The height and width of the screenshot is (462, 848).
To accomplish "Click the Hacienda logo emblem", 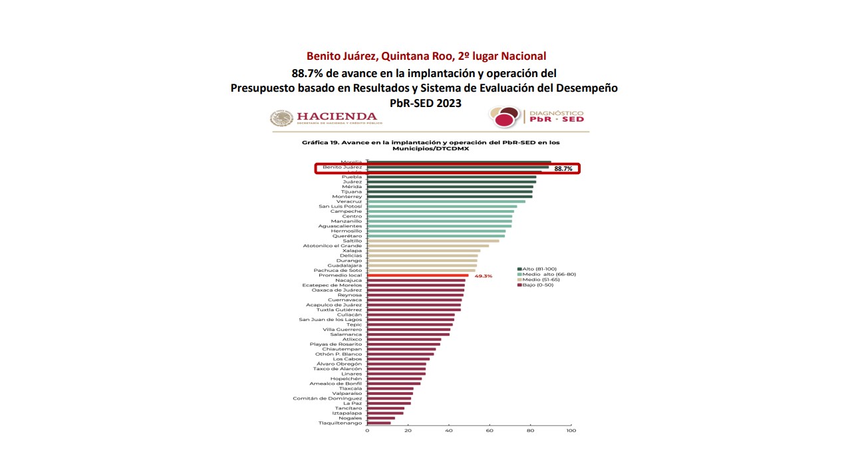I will (x=281, y=118).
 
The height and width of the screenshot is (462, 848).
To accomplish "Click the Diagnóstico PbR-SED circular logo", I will (x=503, y=117).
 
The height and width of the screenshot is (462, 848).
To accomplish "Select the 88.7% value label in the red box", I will (x=563, y=169).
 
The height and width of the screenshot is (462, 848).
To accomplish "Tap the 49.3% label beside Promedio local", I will (x=483, y=276).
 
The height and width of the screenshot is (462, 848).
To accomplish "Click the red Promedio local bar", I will (x=418, y=275).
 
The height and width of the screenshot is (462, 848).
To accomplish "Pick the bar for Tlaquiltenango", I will (x=379, y=423).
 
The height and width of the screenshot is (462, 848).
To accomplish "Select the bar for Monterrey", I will (x=450, y=197).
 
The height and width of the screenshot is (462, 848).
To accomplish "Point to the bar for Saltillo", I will (x=433, y=241).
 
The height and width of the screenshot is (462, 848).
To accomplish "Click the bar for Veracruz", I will (x=446, y=201).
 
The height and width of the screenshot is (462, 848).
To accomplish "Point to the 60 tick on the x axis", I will (x=490, y=431).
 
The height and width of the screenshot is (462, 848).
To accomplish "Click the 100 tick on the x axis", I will (x=571, y=431).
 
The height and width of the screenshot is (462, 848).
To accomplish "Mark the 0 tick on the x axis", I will (x=367, y=431).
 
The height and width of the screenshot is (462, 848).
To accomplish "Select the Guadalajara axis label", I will (x=345, y=265).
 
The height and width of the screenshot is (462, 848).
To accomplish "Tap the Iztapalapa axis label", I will (x=347, y=413).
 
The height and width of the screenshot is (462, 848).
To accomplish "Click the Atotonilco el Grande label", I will (x=333, y=246).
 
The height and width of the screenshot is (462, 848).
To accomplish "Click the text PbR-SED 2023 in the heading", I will (x=424, y=103).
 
